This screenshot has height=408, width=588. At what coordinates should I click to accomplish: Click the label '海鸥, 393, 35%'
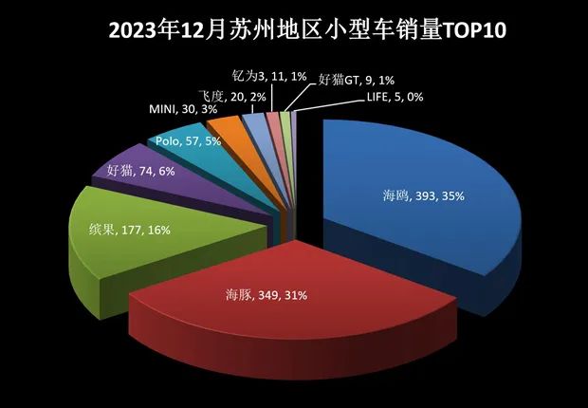(x=416, y=196)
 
